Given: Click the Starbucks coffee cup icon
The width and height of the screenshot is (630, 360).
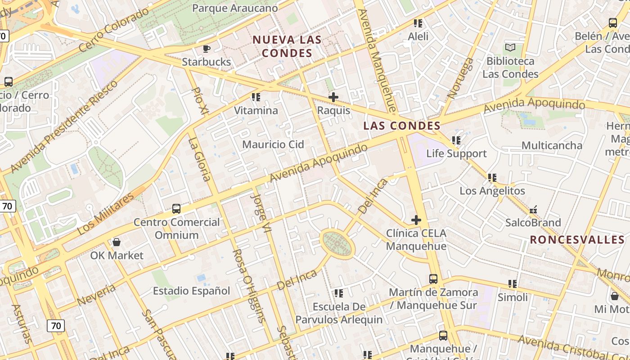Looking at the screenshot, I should (x=207, y=49).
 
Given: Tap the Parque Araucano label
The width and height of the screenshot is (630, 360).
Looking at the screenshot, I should (x=235, y=8).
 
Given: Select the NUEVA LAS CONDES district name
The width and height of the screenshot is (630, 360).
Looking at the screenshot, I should (x=287, y=46).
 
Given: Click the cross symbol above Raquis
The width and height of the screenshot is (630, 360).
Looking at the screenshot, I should (x=333, y=97).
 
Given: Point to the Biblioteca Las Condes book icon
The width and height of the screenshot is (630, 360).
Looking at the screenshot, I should (x=510, y=48).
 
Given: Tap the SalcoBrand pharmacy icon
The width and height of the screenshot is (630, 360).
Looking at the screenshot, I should (x=533, y=210).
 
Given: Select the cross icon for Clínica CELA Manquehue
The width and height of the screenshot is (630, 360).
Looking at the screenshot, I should (x=416, y=220).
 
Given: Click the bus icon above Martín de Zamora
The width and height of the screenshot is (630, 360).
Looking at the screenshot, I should (x=433, y=279).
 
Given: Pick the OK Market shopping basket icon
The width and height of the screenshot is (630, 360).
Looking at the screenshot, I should (x=117, y=242).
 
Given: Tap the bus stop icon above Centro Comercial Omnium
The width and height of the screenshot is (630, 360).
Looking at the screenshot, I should (x=176, y=209).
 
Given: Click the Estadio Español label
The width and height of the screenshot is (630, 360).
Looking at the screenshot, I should (x=192, y=291).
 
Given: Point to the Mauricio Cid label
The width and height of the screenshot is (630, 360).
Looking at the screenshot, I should (x=273, y=144).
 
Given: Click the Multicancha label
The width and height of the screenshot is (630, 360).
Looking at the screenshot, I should (x=552, y=145).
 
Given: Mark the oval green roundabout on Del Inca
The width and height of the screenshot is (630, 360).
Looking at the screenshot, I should (x=337, y=244).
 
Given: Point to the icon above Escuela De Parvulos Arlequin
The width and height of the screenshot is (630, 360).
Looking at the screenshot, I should (x=339, y=293).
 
